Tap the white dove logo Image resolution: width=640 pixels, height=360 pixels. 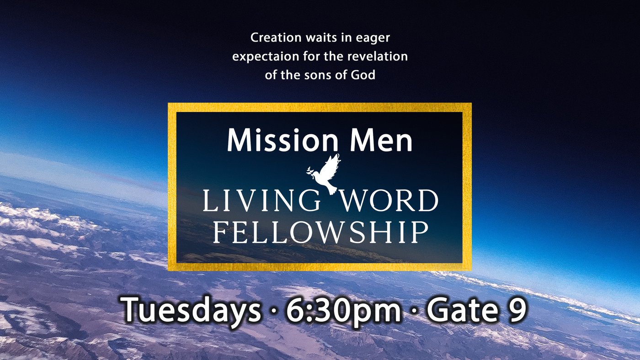[x=324, y=174]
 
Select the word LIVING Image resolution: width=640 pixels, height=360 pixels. [x=261, y=201]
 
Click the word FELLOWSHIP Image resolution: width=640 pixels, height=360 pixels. [x=320, y=233]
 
